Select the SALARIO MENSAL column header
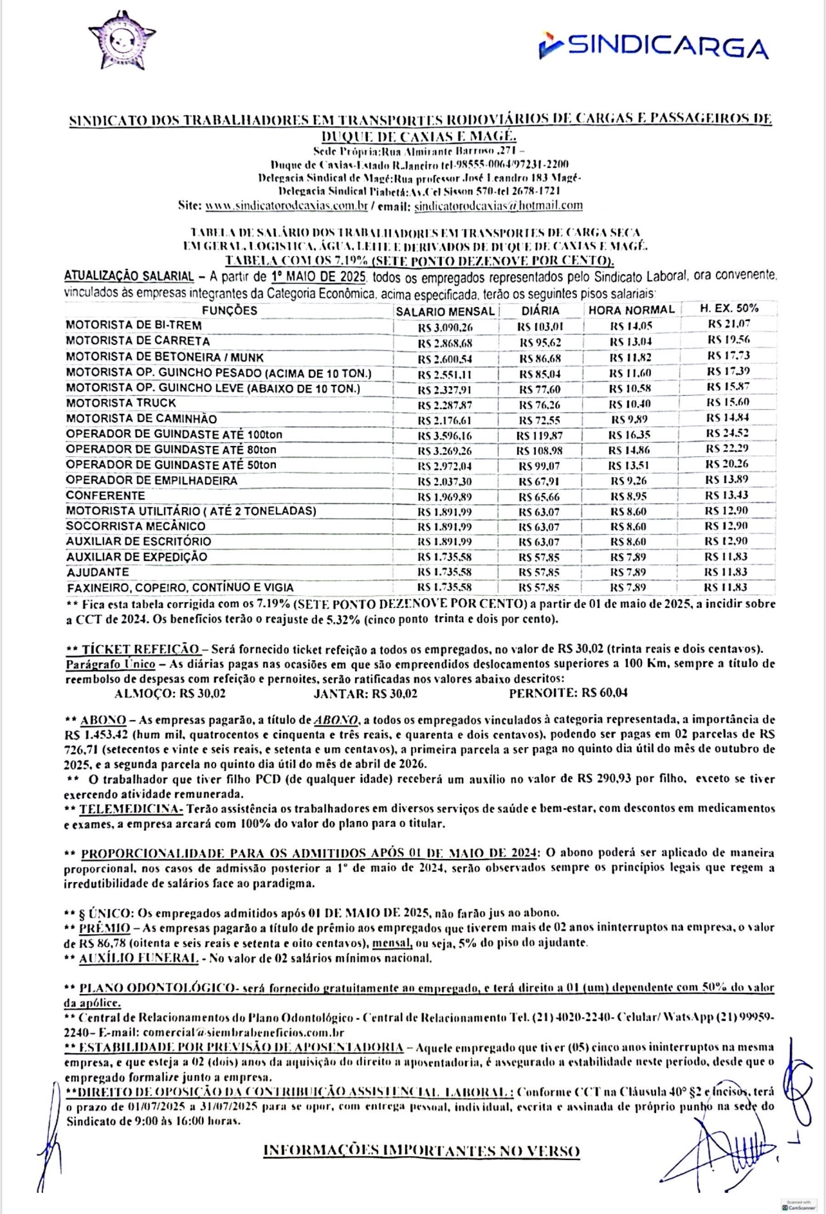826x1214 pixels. [445, 311]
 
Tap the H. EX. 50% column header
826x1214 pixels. [729, 309]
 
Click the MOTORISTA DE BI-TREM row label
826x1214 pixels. [134, 326]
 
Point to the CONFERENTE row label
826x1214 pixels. [106, 496]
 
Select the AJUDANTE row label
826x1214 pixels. [98, 572]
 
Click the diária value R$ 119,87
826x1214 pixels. [540, 436]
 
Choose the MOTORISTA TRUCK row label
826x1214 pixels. [121, 403]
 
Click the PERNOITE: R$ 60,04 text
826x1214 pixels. [568, 694]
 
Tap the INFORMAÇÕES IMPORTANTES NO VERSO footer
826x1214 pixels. [421, 1151]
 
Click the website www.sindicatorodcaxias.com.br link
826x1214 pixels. [286, 206]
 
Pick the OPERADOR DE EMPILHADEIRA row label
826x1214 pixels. [151, 481]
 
